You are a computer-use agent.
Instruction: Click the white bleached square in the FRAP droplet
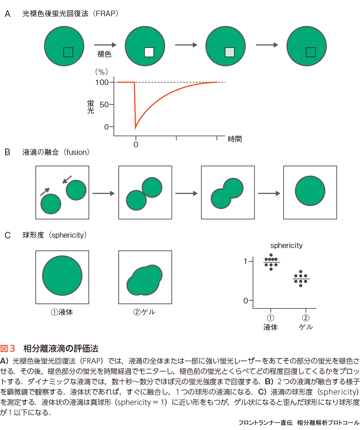point(149,52)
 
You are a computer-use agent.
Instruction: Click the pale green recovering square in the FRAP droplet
point(230,52)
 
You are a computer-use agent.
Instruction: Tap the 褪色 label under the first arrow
point(104,54)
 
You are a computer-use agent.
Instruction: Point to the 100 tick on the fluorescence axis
point(102,82)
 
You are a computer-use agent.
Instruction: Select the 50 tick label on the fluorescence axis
point(104,105)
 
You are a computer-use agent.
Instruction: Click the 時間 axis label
point(235,139)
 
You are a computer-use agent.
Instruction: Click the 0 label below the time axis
point(136,144)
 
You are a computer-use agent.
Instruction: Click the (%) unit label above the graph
point(102,72)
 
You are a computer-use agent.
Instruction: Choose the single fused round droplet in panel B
point(310,191)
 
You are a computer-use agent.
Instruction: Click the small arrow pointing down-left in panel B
point(67,179)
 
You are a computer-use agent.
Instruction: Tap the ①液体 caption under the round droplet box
point(62,312)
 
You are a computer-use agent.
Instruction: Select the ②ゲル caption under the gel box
point(145,312)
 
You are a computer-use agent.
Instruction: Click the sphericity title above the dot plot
point(286,246)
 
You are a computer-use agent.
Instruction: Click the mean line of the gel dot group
point(301,279)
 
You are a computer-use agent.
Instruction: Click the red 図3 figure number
point(8,348)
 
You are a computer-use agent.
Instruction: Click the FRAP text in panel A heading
point(106,14)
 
